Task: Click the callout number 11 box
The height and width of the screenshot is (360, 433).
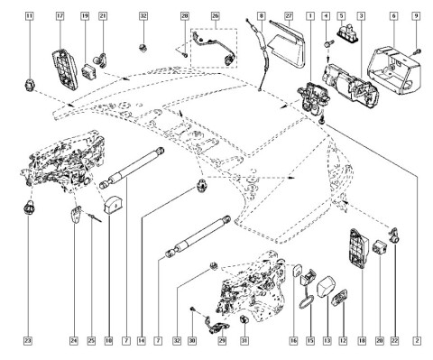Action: coord(29,15)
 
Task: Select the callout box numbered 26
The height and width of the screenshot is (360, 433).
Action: coord(215,15)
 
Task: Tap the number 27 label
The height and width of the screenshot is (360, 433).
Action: coord(289,15)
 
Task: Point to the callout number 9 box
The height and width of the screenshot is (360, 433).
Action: coord(417,15)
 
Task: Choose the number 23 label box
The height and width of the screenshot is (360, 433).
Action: coord(28,341)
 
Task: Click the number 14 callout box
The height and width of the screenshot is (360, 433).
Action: coord(142,341)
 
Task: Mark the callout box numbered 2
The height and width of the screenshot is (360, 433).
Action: coord(417,341)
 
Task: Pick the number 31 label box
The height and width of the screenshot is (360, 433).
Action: coord(244,341)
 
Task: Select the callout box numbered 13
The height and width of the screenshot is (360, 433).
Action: coord(327,341)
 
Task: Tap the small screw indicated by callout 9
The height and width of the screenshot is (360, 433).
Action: coord(418,51)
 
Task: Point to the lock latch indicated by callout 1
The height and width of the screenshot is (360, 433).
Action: coord(313,97)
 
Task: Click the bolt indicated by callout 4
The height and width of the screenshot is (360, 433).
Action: coord(327,43)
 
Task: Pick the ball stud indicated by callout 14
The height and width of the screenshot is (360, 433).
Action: coord(201,185)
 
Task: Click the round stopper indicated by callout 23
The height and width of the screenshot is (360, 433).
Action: coord(28,208)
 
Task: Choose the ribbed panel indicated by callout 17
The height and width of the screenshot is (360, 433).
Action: coord(65,69)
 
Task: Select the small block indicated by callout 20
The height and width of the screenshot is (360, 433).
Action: coord(380,247)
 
